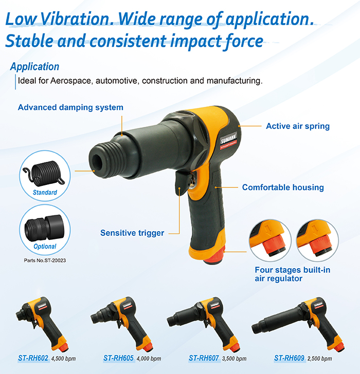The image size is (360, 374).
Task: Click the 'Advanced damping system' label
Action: (70, 107)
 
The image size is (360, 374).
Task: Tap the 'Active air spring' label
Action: (298, 126)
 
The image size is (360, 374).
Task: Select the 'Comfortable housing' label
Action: (283, 187)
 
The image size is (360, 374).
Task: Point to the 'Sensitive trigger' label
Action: (132, 233)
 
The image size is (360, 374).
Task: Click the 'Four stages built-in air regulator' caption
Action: (293, 274)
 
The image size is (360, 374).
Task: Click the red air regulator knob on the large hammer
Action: (214, 257)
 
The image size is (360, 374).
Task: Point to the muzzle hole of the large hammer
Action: (97, 161)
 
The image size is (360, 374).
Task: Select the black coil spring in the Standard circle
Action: (44, 174)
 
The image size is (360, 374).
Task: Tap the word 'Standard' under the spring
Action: (45, 193)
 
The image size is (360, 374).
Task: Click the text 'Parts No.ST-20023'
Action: (45, 260)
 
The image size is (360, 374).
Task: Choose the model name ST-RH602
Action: (33, 358)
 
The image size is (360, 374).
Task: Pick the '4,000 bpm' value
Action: (149, 359)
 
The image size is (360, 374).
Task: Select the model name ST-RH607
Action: (204, 358)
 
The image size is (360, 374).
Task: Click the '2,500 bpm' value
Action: (320, 359)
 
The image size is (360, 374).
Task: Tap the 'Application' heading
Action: (34, 67)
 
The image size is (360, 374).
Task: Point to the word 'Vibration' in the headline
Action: (75, 19)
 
